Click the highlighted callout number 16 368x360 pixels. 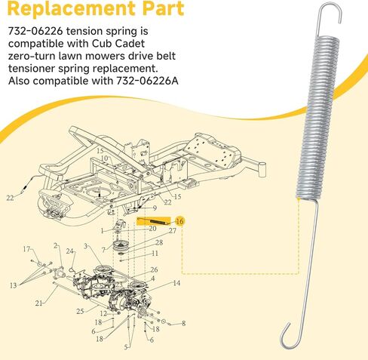[179, 220]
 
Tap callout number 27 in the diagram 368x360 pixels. [172, 231]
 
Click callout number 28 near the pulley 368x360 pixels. [159, 242]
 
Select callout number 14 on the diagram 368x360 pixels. [176, 284]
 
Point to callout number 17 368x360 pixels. [26, 249]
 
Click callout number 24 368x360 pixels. [69, 251]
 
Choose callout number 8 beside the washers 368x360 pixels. [183, 323]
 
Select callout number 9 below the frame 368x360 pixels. [155, 208]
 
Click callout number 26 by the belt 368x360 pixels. [155, 269]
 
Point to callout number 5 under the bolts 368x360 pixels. [126, 346]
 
